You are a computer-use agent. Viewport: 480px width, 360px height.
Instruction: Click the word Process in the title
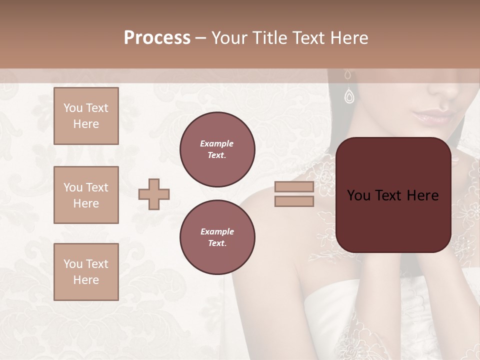tap(157, 38)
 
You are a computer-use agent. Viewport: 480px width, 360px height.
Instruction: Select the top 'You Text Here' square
tap(86, 116)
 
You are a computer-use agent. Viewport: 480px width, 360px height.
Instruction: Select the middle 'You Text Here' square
tap(86, 195)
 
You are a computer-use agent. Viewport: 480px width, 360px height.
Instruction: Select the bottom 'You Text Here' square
tap(86, 272)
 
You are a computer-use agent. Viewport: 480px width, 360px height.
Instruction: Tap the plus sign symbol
tap(154, 194)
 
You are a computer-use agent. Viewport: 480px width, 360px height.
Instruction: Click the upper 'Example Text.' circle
tap(217, 149)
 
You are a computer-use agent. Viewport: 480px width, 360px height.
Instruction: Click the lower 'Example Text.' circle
tap(217, 237)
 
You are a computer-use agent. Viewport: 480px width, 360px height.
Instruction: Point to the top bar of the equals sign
tap(294, 187)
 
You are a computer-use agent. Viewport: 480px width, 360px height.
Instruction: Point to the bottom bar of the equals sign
tap(294, 201)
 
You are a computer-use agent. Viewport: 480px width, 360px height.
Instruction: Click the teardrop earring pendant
tap(349, 95)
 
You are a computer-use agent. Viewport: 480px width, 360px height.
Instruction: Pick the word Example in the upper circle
tap(217, 143)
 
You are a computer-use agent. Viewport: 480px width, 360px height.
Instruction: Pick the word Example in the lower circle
tap(217, 231)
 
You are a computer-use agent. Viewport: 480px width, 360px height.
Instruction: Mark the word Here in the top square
tap(86, 124)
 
